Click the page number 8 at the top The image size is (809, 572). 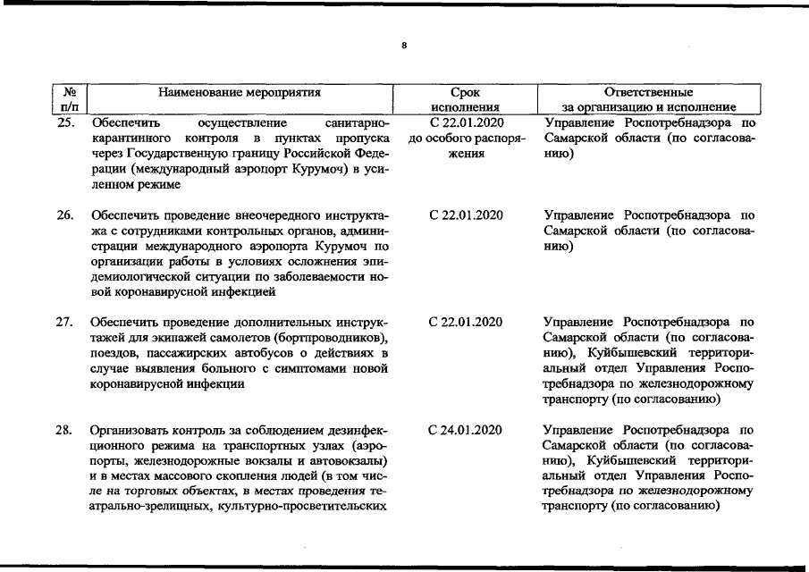[404, 45]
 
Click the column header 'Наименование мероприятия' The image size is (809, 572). [239, 91]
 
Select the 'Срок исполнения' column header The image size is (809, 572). [465, 98]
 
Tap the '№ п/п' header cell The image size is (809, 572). [69, 98]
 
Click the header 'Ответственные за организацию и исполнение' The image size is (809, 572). [648, 98]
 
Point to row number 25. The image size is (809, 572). [65, 122]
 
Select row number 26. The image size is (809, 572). [65, 215]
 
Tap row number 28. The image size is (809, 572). [65, 430]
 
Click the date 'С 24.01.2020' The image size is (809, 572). [465, 430]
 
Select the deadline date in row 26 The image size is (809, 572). [465, 215]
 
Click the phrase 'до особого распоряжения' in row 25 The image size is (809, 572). [465, 146]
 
